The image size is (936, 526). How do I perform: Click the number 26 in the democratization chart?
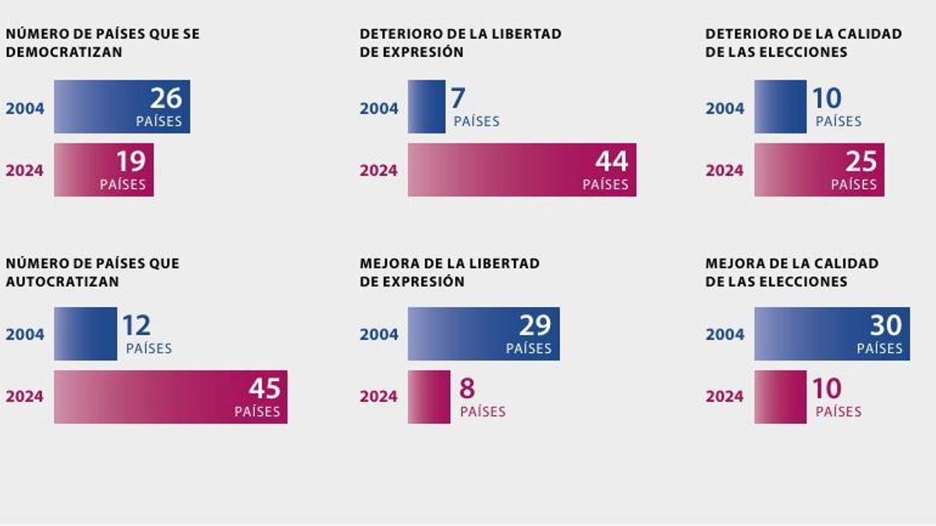[x=165, y=98]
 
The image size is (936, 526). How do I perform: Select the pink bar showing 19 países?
[x=103, y=170]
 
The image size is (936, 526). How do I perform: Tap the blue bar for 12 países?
[x=84, y=334]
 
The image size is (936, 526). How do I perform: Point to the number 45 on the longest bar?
[x=264, y=388]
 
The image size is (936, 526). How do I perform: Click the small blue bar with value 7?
[x=426, y=107]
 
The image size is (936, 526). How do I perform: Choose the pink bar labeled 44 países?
[x=521, y=170]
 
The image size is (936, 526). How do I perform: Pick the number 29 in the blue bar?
[x=534, y=325]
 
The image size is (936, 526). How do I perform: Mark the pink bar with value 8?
[x=428, y=397]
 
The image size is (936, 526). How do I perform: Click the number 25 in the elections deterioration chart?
[x=860, y=161]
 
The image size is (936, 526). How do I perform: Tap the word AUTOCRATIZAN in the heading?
[x=62, y=282]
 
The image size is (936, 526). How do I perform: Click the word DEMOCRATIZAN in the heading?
[x=64, y=52]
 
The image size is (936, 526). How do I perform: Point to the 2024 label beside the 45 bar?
[x=25, y=397]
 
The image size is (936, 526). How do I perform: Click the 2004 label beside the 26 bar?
[x=25, y=108]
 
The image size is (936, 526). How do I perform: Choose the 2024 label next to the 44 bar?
[x=378, y=171]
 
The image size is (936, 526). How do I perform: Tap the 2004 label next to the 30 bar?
[x=725, y=334]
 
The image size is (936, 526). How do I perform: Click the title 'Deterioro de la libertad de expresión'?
[x=460, y=43]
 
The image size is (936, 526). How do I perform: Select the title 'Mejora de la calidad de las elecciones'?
[x=791, y=273]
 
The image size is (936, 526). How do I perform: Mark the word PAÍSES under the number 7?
[x=476, y=122]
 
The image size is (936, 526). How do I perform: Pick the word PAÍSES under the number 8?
[x=482, y=411]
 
